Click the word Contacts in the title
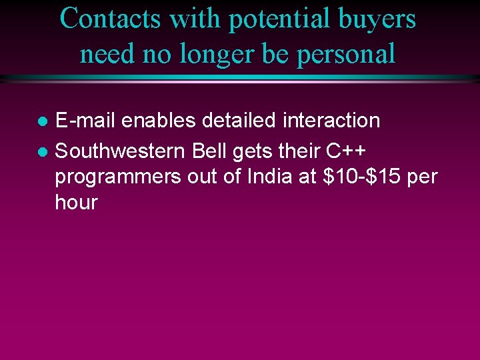pyautogui.click(x=110, y=19)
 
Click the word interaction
pyautogui.click(x=331, y=121)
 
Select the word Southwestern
pyautogui.click(x=121, y=151)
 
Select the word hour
pyautogui.click(x=76, y=203)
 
